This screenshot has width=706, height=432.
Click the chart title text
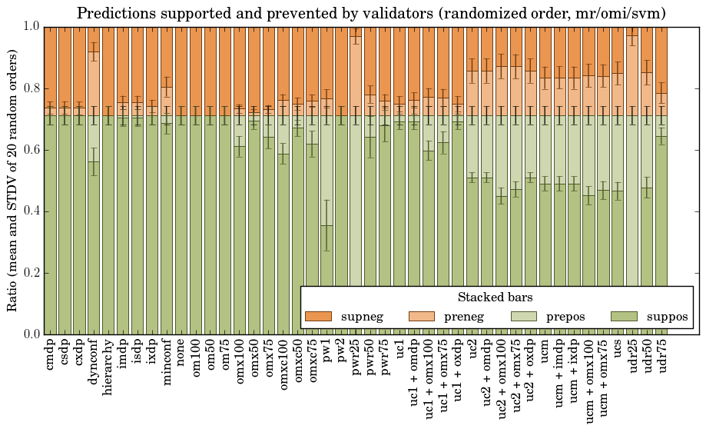pos(371,13)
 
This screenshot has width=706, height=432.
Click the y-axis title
pos(12,181)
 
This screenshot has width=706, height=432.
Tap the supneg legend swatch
pos(318,317)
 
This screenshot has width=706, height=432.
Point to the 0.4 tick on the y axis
pos(30,211)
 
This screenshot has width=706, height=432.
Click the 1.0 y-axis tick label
pos(30,27)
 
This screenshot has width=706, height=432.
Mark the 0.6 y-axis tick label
pos(30,150)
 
